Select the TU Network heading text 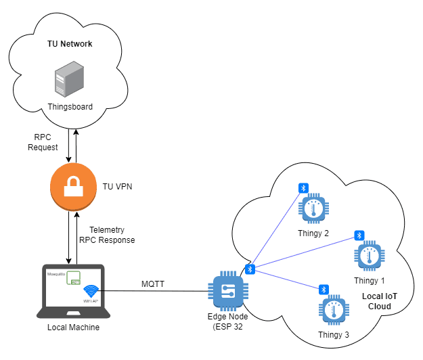click(69, 44)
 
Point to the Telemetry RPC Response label click(107, 235)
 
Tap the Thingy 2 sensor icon click(313, 210)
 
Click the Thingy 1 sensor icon click(369, 256)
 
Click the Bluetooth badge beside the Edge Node click(249, 269)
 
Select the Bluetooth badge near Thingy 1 click(359, 235)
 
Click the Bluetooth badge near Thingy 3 click(324, 290)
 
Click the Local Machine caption click(73, 328)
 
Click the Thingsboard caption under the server click(70, 107)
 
